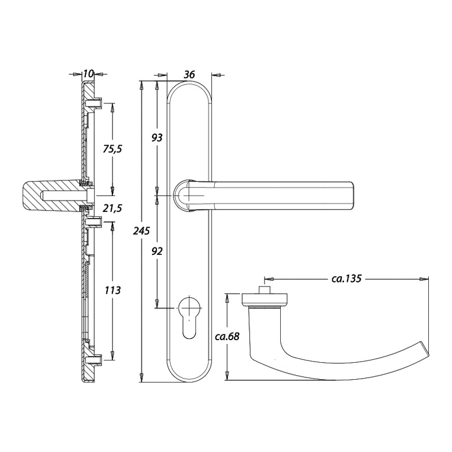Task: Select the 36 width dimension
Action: pos(190,74)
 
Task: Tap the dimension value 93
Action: pos(158,137)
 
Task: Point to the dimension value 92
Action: pos(158,251)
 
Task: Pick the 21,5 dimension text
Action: pos(111,208)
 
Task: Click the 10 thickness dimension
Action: pos(88,74)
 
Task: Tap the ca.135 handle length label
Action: pos(346,279)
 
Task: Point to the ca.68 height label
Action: pos(228,337)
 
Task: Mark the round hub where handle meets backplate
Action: pos(184,195)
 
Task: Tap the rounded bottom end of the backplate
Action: pos(190,375)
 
